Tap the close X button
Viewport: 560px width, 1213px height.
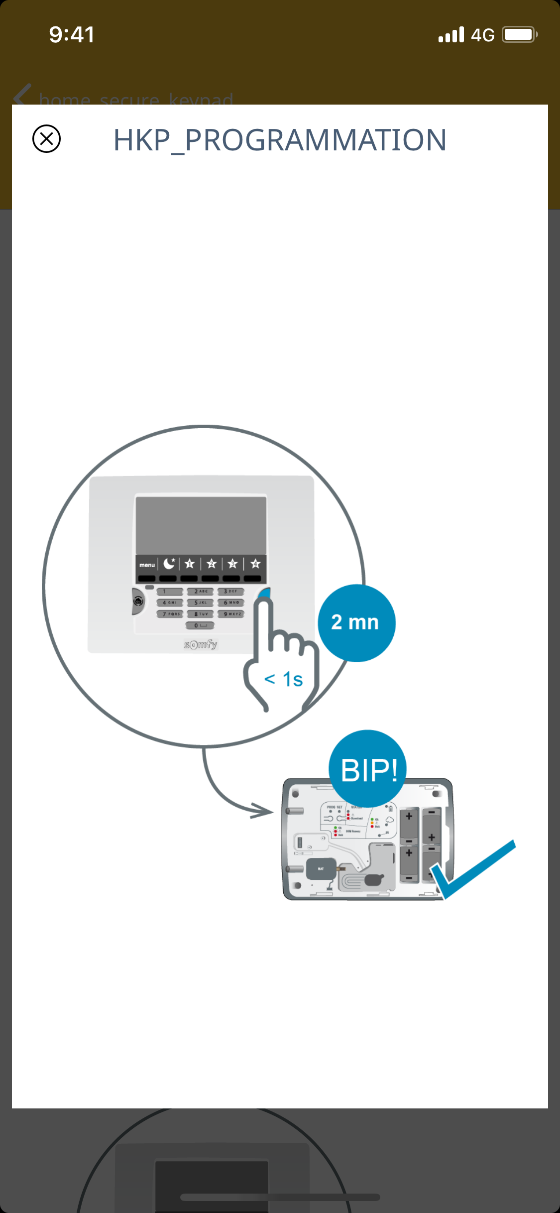click(46, 138)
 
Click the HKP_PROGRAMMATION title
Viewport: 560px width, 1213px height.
click(280, 140)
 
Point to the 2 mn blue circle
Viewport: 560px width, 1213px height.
click(356, 623)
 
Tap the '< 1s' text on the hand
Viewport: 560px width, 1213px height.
click(283, 679)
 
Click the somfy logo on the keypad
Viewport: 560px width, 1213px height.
click(201, 644)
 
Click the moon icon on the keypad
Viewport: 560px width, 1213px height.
click(169, 564)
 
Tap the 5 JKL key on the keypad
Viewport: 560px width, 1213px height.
click(200, 603)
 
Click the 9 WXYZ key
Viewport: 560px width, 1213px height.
click(231, 614)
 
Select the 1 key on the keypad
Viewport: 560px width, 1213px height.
click(170, 592)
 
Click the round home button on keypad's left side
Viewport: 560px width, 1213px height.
click(138, 602)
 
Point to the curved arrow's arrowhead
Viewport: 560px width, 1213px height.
click(262, 811)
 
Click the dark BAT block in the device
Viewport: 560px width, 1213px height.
click(321, 869)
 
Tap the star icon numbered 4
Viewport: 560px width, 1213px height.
click(255, 564)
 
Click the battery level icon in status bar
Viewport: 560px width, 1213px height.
click(519, 35)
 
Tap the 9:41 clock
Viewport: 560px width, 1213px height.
click(72, 35)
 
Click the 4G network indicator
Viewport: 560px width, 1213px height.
click(482, 35)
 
